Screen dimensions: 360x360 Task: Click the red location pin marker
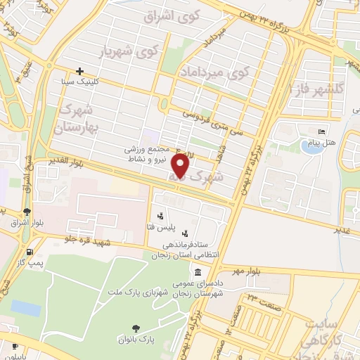pos(181,167)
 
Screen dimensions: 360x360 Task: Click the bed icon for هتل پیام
pos(322,131)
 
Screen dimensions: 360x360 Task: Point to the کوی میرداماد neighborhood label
pos(216,72)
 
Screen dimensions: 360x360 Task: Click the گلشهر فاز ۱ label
pos(319,87)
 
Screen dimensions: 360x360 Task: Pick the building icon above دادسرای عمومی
pos(199,272)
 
